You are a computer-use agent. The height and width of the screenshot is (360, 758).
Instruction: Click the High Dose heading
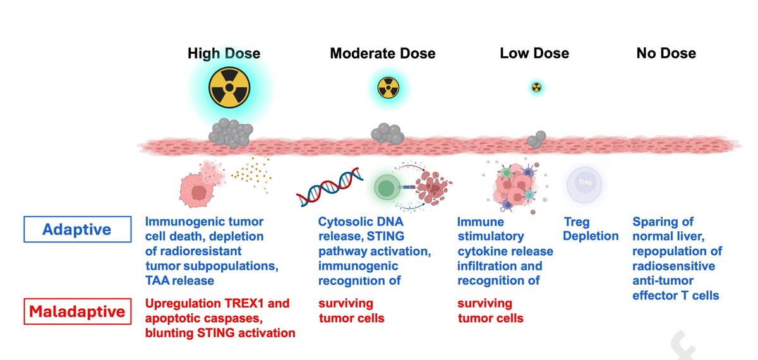pyautogui.click(x=224, y=53)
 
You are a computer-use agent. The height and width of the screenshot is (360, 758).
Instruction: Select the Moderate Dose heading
pyautogui.click(x=382, y=53)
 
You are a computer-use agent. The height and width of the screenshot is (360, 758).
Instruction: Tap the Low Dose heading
pyautogui.click(x=534, y=53)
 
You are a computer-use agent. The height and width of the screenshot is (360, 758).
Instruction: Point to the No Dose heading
pyautogui.click(x=666, y=53)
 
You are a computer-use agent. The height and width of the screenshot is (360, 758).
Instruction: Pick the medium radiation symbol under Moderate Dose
pyautogui.click(x=388, y=87)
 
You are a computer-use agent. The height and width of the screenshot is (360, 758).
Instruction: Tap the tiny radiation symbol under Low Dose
pyautogui.click(x=537, y=87)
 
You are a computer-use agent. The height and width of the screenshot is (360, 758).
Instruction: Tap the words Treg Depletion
pyautogui.click(x=591, y=229)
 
